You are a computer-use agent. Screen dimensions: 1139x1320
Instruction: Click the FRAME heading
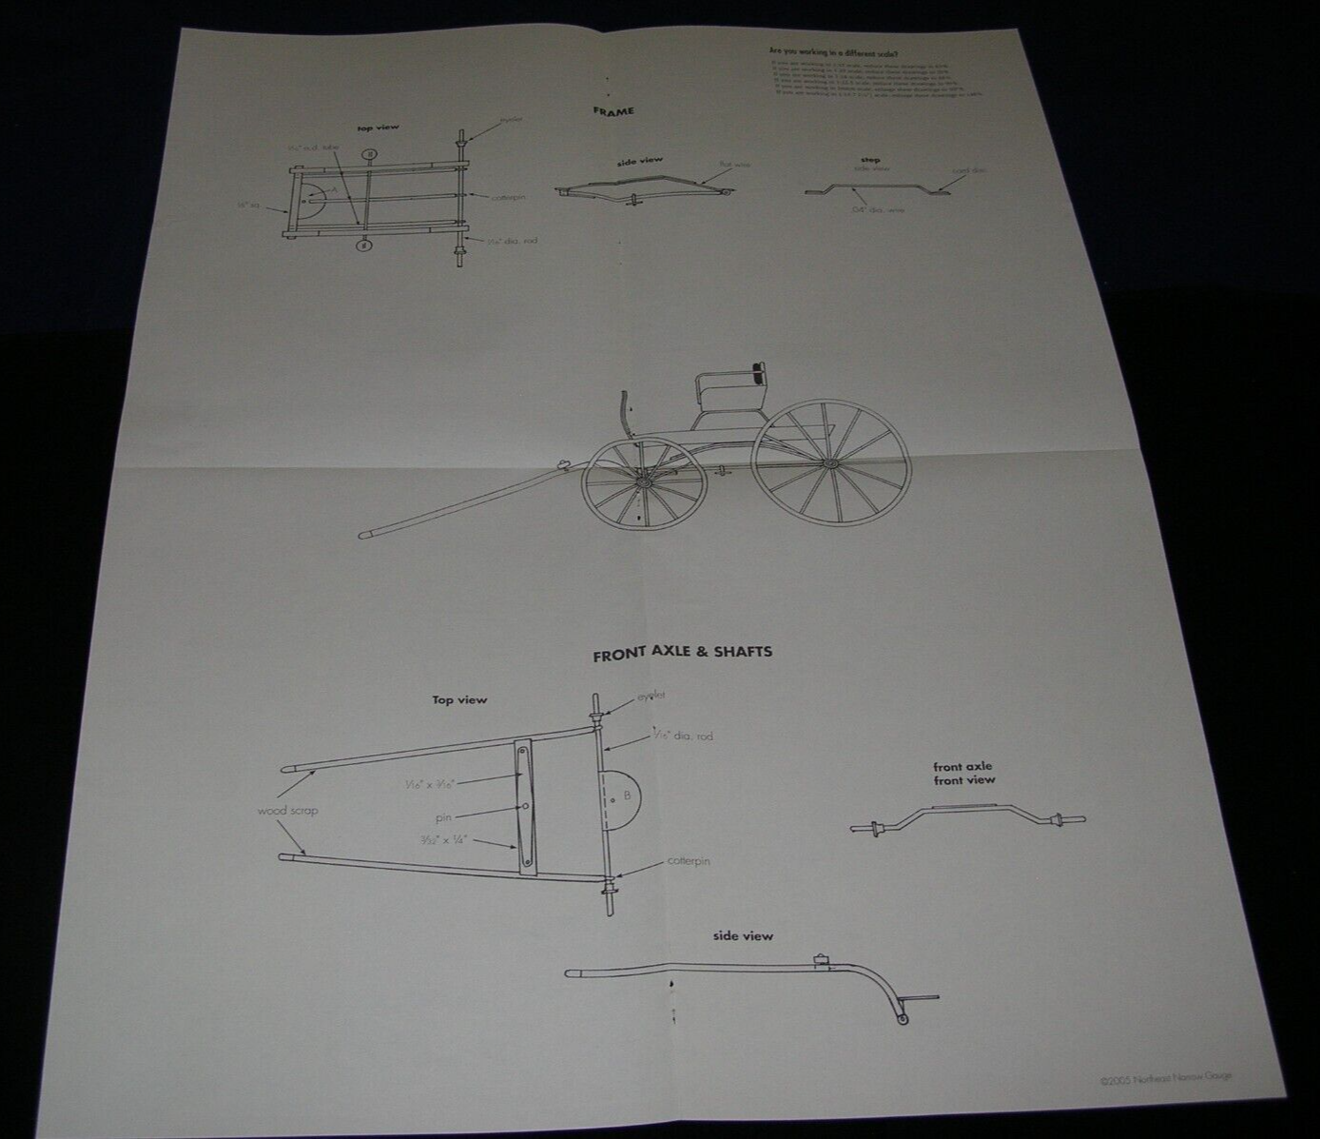pyautogui.click(x=613, y=111)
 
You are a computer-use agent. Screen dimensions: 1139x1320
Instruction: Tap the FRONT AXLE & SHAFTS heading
pyautogui.click(x=682, y=654)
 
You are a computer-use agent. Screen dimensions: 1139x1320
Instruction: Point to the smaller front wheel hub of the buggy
pyautogui.click(x=637, y=483)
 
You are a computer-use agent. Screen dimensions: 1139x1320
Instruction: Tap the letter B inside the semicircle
pyautogui.click(x=628, y=794)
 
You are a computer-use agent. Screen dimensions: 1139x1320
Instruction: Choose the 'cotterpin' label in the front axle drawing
pyautogui.click(x=689, y=861)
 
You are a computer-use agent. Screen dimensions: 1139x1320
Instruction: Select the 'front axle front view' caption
pyautogui.click(x=963, y=773)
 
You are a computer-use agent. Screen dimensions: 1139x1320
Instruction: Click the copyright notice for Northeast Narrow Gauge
pyautogui.click(x=1171, y=1079)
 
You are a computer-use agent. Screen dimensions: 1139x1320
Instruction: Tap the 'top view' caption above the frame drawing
pyautogui.click(x=378, y=127)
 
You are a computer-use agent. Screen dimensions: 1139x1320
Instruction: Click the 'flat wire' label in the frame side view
pyautogui.click(x=734, y=164)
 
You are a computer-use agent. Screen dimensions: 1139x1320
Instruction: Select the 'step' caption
pyautogui.click(x=869, y=160)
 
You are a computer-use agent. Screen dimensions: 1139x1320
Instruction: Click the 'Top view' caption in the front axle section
pyautogui.click(x=459, y=700)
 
